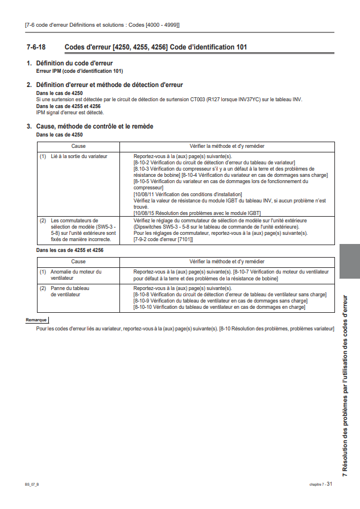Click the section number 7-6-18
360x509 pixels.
tap(36, 47)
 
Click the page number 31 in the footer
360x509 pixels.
tap(329, 484)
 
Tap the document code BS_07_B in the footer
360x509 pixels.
tap(32, 485)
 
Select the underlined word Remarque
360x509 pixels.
tap(36, 320)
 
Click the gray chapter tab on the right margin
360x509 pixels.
tap(349, 261)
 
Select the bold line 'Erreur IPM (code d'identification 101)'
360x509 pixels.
tap(80, 71)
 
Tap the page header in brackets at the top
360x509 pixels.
tap(102, 25)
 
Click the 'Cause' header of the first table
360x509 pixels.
tap(78, 146)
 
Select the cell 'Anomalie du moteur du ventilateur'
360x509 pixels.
tap(76, 275)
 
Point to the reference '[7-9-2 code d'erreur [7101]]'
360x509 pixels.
tap(163, 239)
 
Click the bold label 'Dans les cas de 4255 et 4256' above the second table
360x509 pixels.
tap(69, 250)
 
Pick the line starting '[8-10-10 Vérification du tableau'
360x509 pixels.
tap(219, 307)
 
